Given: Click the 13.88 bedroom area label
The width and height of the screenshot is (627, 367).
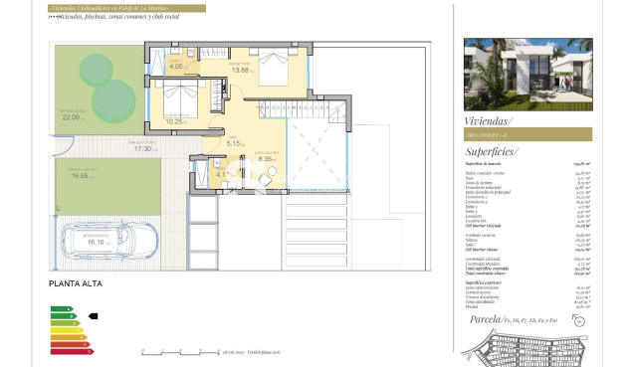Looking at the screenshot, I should [x=241, y=70].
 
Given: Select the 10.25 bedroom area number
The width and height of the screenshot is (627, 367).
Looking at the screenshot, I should [x=174, y=121].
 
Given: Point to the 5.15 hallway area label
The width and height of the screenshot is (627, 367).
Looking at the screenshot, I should [x=235, y=143].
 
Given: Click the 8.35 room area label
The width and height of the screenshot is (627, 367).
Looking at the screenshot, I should [x=266, y=158].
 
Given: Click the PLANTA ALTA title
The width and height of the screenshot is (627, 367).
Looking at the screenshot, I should [x=75, y=284].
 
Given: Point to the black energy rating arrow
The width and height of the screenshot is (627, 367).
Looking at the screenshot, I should [x=94, y=316].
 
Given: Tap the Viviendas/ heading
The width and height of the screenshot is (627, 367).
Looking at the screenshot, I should [x=492, y=115].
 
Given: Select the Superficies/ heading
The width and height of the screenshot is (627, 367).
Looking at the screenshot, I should [x=497, y=151].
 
